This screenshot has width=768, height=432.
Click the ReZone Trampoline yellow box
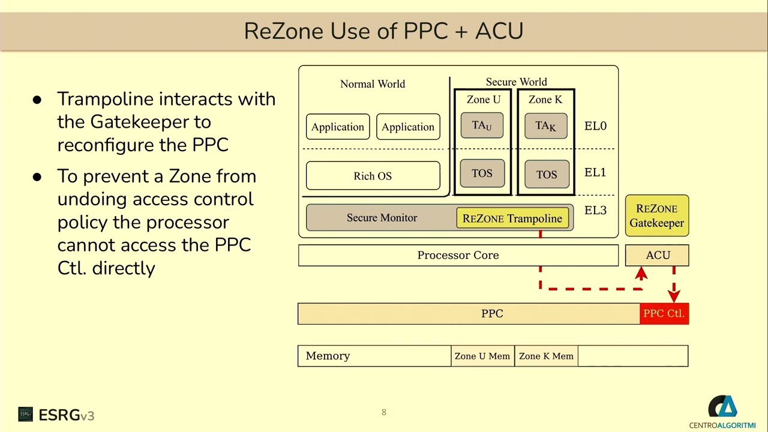(512, 218)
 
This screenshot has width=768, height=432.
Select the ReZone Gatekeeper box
(657, 215)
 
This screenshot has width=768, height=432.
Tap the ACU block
(657, 255)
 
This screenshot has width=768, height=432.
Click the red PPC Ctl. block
(664, 314)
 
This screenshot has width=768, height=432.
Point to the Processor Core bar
(458, 255)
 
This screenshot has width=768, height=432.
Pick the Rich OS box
(373, 176)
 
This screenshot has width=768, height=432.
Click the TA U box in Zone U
(482, 125)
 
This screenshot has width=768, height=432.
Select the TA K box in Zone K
(545, 125)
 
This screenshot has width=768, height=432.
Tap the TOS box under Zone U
(482, 173)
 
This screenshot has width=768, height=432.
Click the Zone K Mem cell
(546, 356)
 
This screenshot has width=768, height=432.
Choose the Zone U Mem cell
(482, 356)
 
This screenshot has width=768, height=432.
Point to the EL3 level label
(595, 210)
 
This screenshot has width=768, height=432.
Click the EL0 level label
(595, 126)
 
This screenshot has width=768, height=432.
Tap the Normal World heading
(373, 84)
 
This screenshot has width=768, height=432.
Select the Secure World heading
(516, 82)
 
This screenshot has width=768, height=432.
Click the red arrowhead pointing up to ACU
(641, 274)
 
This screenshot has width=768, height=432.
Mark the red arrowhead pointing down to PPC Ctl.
(674, 296)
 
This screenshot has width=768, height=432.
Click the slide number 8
(384, 412)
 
